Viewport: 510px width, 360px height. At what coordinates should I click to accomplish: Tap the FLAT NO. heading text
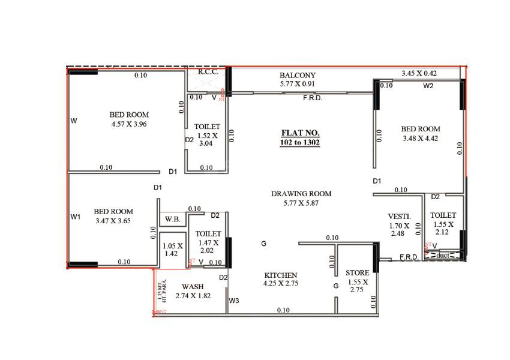pyautogui.click(x=301, y=133)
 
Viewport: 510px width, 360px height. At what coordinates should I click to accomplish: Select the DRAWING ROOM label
pyautogui.click(x=301, y=194)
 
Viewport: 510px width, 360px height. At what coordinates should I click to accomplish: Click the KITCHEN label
pyautogui.click(x=281, y=275)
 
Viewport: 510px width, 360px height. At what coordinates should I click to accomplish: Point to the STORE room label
pyautogui.click(x=358, y=273)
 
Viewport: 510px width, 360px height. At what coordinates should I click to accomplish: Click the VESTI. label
pyautogui.click(x=399, y=216)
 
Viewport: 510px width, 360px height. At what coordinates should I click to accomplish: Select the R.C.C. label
pyautogui.click(x=207, y=71)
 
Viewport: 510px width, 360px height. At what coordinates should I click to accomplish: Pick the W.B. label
pyautogui.click(x=173, y=218)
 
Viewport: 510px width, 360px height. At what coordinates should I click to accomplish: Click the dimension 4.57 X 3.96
pyautogui.click(x=129, y=124)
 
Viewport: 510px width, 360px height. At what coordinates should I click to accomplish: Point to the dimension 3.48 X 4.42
pyautogui.click(x=421, y=139)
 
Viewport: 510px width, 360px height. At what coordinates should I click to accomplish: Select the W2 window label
pyautogui.click(x=428, y=86)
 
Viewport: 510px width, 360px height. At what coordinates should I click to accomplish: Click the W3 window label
pyautogui.click(x=234, y=301)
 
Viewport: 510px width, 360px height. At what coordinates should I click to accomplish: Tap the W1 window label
pyautogui.click(x=76, y=217)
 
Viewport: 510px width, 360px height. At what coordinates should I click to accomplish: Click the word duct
pyautogui.click(x=443, y=255)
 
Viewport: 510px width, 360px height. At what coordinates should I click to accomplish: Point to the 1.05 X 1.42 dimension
pyautogui.click(x=172, y=249)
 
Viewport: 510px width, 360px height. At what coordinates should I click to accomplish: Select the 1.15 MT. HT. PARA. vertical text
pyautogui.click(x=160, y=291)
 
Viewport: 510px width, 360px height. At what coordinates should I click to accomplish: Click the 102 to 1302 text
pyautogui.click(x=300, y=143)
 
